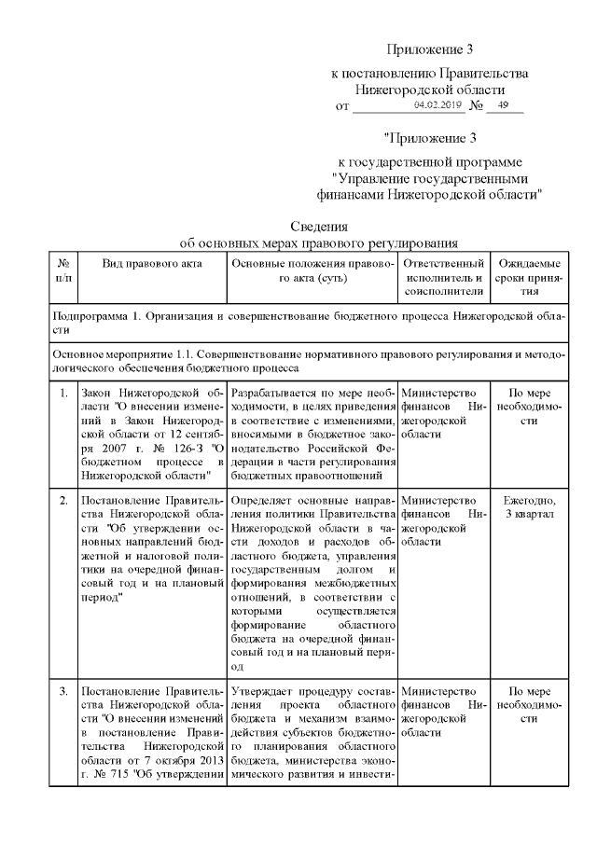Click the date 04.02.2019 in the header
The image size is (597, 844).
[x=437, y=105]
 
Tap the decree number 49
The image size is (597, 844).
[x=505, y=105]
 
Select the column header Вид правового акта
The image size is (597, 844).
[x=152, y=264]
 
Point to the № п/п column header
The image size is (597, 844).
[x=62, y=270]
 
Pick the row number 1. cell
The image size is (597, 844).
[x=62, y=393]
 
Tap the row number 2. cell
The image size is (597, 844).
[x=62, y=501]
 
